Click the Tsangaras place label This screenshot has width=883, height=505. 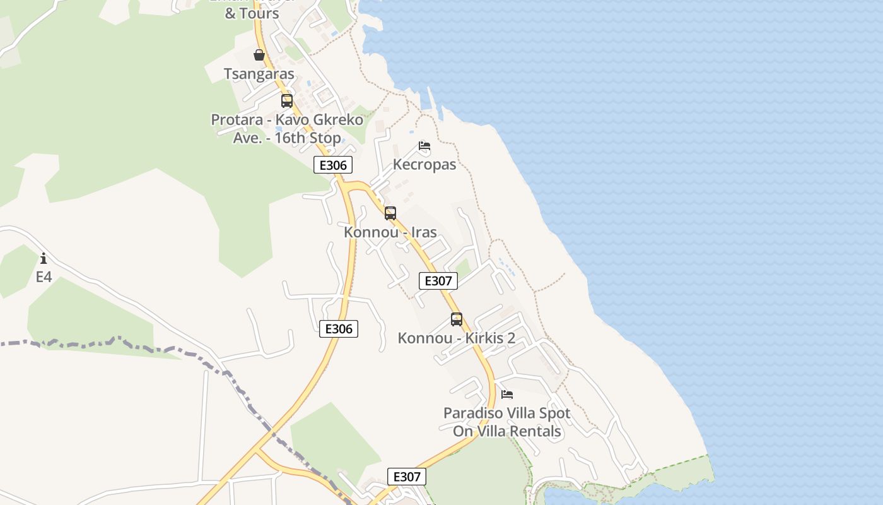pos(259,74)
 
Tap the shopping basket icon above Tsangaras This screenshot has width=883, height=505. pos(259,55)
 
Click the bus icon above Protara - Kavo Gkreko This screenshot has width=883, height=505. pos(287,101)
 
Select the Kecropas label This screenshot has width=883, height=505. pos(424,164)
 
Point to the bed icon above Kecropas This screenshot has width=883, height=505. pos(424,146)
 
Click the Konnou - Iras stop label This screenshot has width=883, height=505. pos(390,232)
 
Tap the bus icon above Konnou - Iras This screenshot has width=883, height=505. pos(390,213)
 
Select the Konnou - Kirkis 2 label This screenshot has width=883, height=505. pos(456,338)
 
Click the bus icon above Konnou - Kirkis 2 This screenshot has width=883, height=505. pos(457,319)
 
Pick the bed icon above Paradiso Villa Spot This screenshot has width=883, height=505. pos(507,395)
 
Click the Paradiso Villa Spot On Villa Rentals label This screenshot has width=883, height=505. pos(507,422)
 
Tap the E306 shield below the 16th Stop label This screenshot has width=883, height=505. pos(333,165)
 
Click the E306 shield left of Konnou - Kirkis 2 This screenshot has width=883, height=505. pos(339,329)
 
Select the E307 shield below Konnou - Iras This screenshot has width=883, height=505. pos(438,281)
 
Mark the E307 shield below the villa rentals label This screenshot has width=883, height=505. pos(406,477)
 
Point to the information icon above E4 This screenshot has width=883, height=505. pos(44,258)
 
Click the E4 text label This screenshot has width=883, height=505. pos(44,276)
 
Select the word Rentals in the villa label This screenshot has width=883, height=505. pos(535,431)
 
